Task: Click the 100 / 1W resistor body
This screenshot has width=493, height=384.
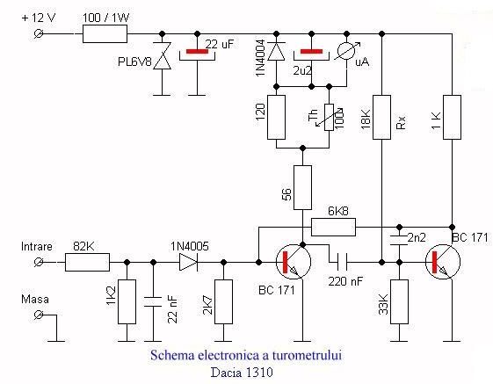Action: (105, 33)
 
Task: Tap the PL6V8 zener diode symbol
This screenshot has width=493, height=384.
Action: (163, 56)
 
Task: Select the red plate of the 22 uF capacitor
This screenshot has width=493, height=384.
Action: (197, 51)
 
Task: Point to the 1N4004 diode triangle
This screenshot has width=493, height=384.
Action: (276, 51)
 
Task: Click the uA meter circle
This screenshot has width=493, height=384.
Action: (346, 51)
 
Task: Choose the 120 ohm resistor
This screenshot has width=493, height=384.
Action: (276, 117)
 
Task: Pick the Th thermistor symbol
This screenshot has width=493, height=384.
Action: (330, 117)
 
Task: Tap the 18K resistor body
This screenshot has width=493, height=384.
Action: (381, 117)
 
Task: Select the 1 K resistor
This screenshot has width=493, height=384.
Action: (452, 117)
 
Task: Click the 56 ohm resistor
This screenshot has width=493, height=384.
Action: (302, 187)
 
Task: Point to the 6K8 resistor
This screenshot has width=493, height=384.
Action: (333, 227)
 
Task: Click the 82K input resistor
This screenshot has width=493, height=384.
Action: (87, 262)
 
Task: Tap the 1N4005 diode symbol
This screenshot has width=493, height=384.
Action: (188, 262)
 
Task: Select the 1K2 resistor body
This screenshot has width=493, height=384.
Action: (127, 301)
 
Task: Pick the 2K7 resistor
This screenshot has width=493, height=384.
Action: (223, 301)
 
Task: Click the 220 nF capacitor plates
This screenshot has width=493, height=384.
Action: (342, 262)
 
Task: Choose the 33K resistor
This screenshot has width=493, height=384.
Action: (399, 301)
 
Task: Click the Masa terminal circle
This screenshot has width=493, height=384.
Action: (39, 315)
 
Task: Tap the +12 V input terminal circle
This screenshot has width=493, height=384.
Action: (39, 33)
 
